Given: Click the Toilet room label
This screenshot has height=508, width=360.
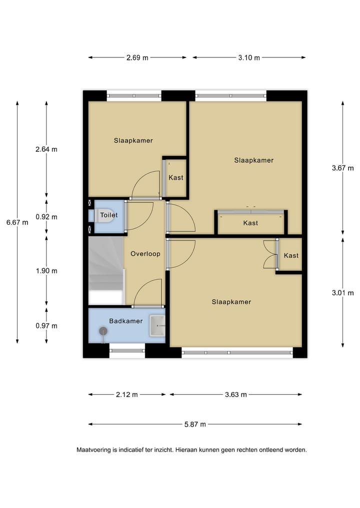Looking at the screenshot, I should [108, 215].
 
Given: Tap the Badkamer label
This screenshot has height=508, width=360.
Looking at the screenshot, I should [126, 321].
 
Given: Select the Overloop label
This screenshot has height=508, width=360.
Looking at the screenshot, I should [145, 254].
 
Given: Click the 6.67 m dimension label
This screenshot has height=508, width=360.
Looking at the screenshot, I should [17, 222].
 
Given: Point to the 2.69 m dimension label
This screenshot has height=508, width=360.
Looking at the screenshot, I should [137, 57].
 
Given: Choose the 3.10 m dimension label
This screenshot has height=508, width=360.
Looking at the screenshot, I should [249, 57].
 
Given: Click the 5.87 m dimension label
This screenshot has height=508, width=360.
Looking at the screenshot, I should [195, 425].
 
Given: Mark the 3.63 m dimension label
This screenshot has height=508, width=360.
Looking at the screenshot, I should [235, 395].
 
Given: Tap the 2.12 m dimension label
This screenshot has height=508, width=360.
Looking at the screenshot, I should [126, 395].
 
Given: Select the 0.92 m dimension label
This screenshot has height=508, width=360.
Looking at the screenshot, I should [46, 217].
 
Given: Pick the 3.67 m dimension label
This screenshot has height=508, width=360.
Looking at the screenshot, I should [342, 168].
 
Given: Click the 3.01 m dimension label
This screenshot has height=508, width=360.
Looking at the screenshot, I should [342, 293].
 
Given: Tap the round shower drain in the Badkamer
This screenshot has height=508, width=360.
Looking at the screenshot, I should [103, 331].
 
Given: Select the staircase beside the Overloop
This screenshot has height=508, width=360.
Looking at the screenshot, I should [106, 270].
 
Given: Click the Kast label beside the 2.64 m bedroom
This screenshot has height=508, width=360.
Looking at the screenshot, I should [175, 177].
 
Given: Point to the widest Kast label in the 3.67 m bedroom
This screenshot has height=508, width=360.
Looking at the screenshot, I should [250, 223].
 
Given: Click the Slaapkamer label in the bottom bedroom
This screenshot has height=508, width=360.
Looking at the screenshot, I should [231, 302].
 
